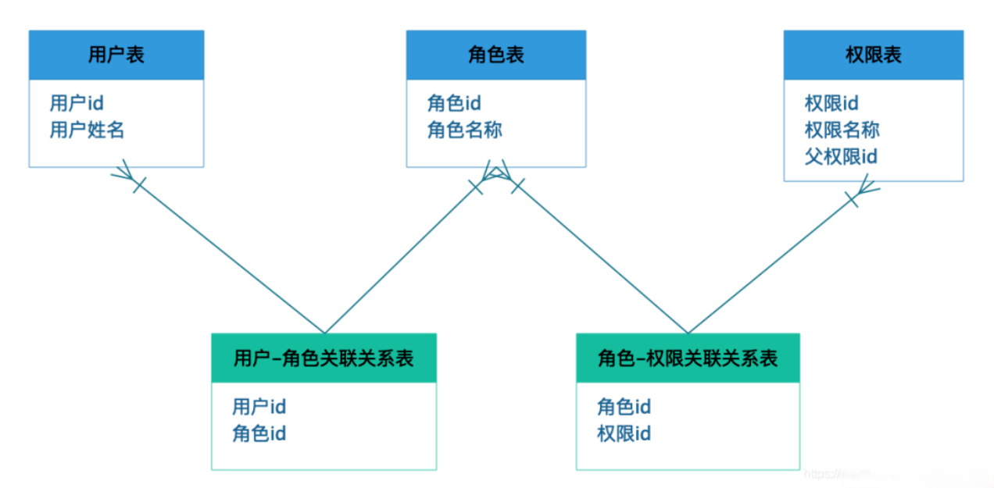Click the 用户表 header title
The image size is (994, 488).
(116, 55)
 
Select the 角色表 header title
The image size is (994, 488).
(495, 55)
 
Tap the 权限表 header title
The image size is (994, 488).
(873, 55)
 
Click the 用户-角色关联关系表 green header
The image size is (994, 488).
(324, 358)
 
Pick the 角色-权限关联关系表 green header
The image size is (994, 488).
(688, 358)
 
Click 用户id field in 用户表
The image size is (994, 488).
(77, 103)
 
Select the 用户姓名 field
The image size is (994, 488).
(87, 130)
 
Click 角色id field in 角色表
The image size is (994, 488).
(454, 103)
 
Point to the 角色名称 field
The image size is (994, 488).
(464, 130)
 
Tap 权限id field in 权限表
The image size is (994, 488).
(831, 103)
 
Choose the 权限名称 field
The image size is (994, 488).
(842, 130)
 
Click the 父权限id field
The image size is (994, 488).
(841, 156)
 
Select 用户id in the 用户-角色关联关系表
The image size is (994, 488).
(259, 406)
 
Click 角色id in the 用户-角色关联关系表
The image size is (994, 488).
(259, 433)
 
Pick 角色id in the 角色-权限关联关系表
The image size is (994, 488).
(624, 406)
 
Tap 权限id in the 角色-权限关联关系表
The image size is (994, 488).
(624, 433)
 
